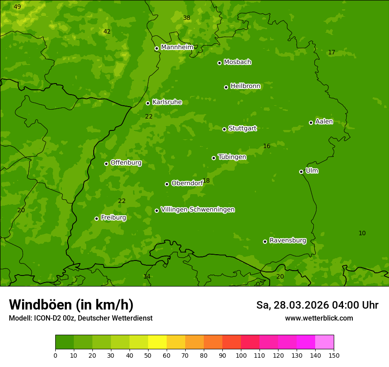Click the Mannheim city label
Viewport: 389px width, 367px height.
click(x=177, y=47)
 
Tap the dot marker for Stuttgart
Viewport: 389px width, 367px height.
click(x=224, y=129)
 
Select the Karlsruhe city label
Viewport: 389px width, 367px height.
click(x=167, y=102)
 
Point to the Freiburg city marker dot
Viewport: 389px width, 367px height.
click(x=96, y=218)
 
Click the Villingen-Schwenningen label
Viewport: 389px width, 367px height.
click(x=198, y=210)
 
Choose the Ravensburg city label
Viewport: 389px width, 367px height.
click(x=288, y=241)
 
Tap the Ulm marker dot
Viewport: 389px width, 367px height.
click(x=301, y=172)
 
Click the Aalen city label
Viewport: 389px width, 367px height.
click(x=324, y=122)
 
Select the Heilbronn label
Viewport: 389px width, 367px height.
click(x=245, y=86)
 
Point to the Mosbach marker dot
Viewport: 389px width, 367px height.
click(x=219, y=63)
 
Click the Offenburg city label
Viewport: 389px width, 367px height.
click(x=126, y=163)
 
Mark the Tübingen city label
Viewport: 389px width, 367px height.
click(x=232, y=157)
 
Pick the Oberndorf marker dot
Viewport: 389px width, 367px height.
click(x=167, y=184)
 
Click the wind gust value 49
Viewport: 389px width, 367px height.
click(x=17, y=7)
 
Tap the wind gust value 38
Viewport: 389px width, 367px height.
click(x=187, y=18)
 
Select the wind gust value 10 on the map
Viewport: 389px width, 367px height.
click(x=362, y=233)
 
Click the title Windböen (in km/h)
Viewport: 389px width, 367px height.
click(x=71, y=305)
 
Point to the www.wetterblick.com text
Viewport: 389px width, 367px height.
click(x=319, y=318)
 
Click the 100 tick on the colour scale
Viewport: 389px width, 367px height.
click(x=241, y=355)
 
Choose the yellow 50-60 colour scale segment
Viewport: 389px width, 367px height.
click(x=157, y=342)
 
